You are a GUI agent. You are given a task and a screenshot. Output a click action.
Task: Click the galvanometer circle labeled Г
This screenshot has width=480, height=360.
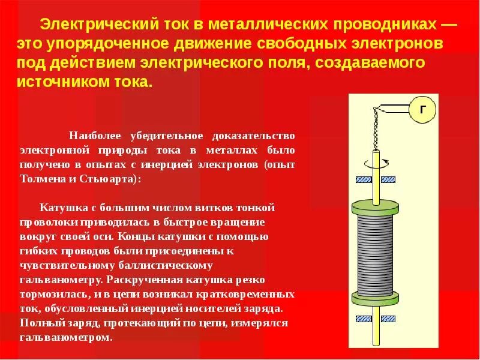point(424,110)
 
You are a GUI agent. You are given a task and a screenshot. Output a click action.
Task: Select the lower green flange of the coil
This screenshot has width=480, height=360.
point(375,298)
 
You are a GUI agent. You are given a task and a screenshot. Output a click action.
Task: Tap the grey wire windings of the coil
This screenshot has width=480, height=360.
point(375,253)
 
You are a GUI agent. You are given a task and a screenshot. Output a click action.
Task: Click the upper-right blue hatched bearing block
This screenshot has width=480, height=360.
point(389,179)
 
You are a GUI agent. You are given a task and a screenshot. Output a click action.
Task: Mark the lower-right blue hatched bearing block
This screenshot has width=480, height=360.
point(389,318)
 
